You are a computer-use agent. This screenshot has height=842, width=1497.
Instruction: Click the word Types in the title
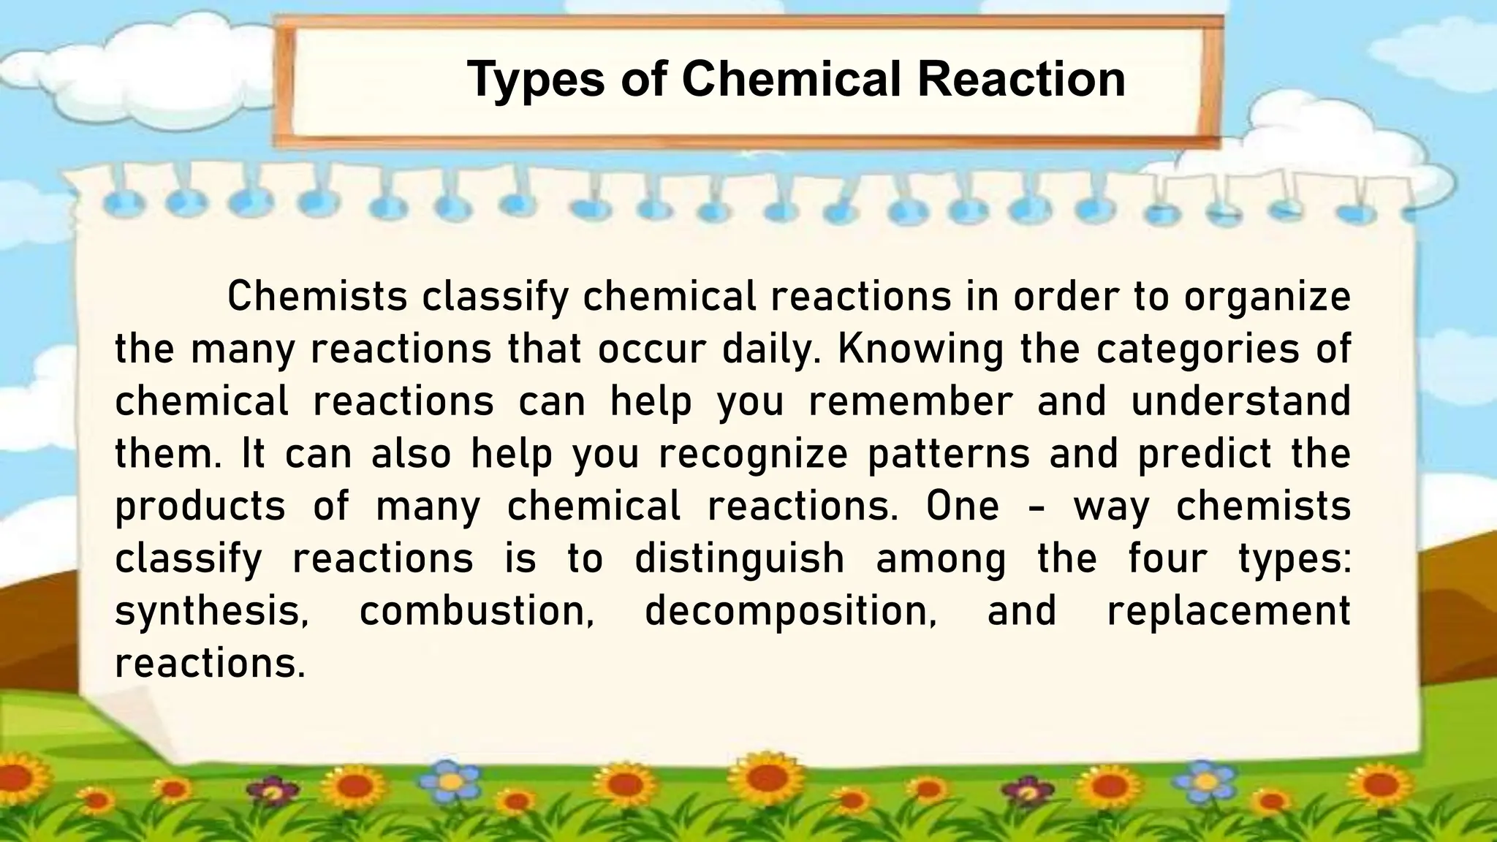click(x=535, y=79)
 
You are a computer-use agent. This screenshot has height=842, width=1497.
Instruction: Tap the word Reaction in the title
click(x=1021, y=79)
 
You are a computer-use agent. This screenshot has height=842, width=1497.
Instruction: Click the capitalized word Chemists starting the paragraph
click(x=317, y=297)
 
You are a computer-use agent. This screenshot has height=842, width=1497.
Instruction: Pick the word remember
click(x=911, y=401)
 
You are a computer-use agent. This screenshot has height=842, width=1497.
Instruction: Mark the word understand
click(x=1240, y=401)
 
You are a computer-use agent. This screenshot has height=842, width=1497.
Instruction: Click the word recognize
click(x=753, y=454)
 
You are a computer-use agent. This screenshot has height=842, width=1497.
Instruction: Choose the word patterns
click(x=948, y=454)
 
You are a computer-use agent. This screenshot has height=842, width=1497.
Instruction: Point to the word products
click(x=200, y=507)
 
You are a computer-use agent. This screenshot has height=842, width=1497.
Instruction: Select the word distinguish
click(x=739, y=559)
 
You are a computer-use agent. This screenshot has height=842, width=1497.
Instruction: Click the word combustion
click(x=477, y=612)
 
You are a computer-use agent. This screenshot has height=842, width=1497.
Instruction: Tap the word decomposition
click(x=790, y=612)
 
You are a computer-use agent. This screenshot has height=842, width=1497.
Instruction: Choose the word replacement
click(x=1229, y=612)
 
